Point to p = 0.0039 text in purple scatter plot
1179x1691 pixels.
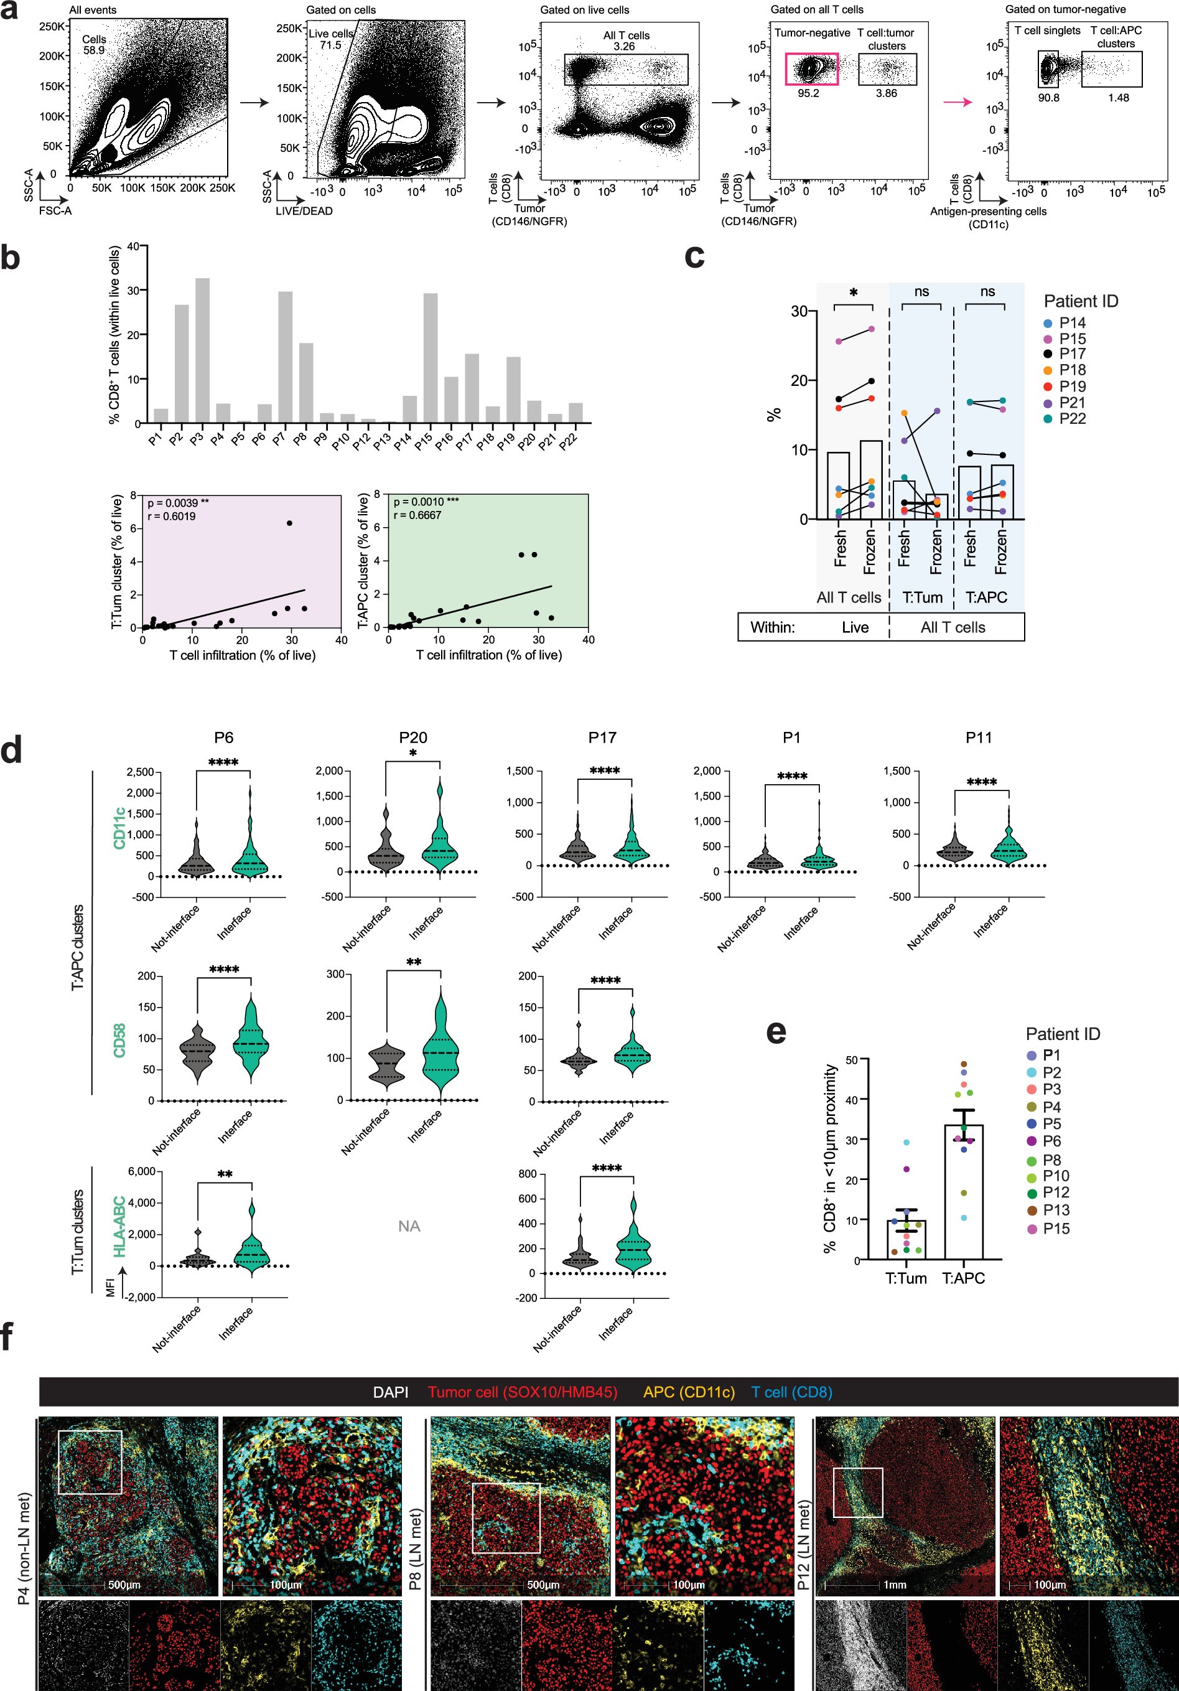(x=177, y=503)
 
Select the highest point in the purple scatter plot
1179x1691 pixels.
(x=289, y=523)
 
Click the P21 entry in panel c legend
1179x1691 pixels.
(x=1072, y=402)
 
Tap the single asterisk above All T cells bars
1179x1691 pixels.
(x=853, y=293)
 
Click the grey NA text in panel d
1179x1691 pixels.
(x=409, y=1226)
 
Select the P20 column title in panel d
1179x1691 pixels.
(x=413, y=738)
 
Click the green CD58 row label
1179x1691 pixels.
(x=119, y=1039)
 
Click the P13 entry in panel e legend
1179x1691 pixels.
(x=1056, y=1209)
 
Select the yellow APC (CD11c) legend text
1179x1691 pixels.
(x=689, y=1392)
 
